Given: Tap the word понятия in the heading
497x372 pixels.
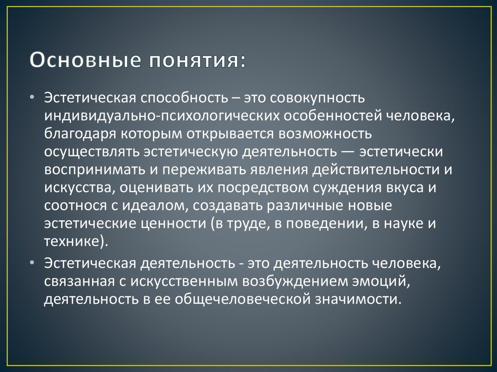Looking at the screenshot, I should pyautogui.click(x=194, y=61).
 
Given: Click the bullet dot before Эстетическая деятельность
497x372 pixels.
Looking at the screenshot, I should pyautogui.click(x=32, y=263).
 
